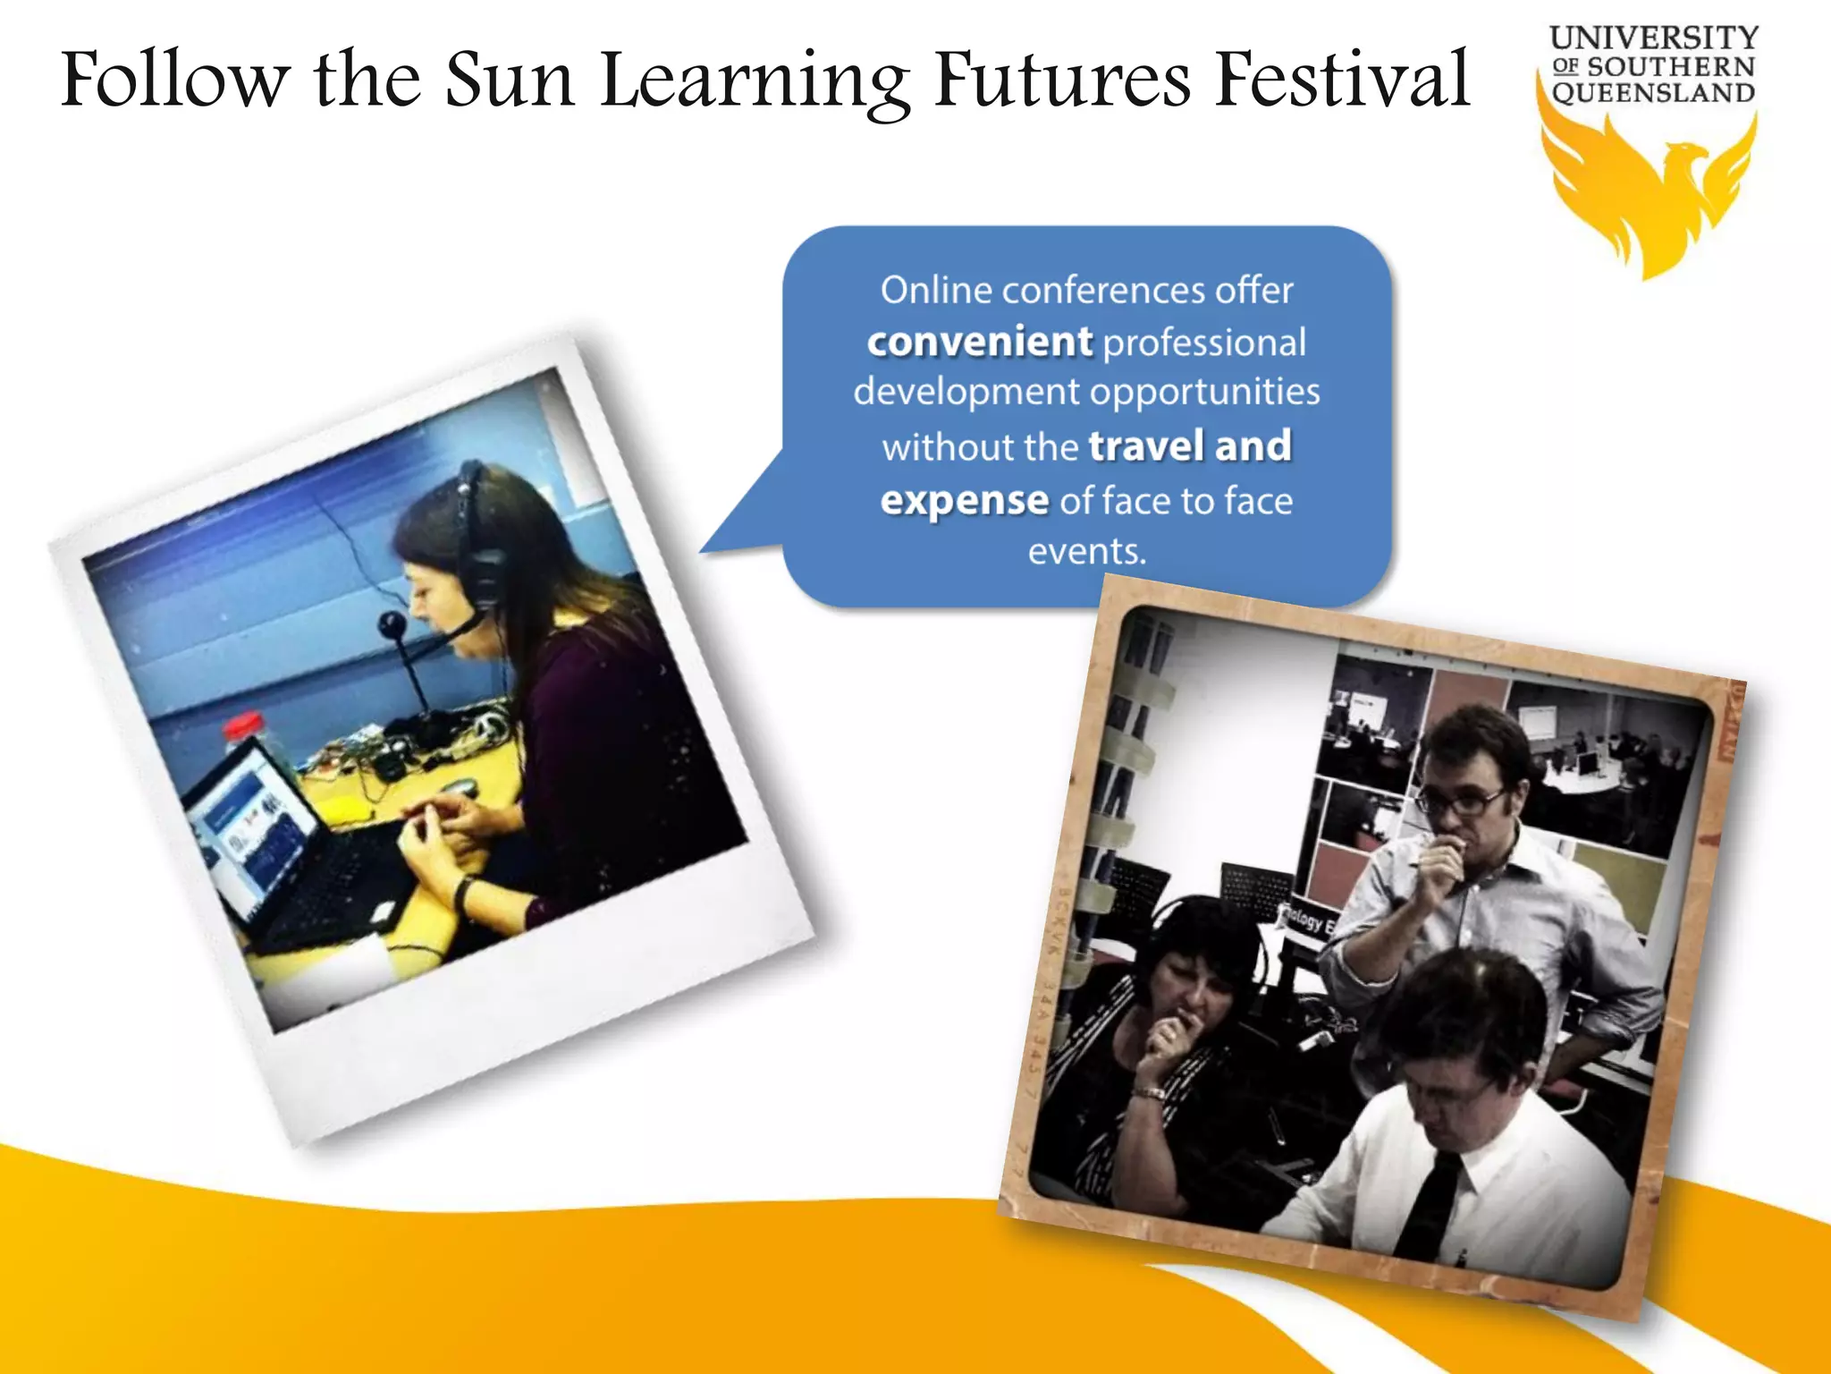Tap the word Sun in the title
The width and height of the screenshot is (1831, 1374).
tap(510, 81)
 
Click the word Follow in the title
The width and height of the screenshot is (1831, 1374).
tap(175, 81)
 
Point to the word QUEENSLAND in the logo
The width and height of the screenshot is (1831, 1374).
tap(1653, 93)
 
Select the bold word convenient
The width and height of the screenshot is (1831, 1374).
tap(979, 342)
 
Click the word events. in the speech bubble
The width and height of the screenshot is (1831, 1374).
tap(1086, 551)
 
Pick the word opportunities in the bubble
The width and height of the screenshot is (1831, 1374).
tap(1204, 392)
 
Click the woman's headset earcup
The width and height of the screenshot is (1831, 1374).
tap(483, 572)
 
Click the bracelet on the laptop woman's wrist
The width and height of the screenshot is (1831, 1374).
tap(462, 892)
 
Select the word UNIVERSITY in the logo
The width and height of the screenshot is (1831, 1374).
tap(1653, 38)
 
